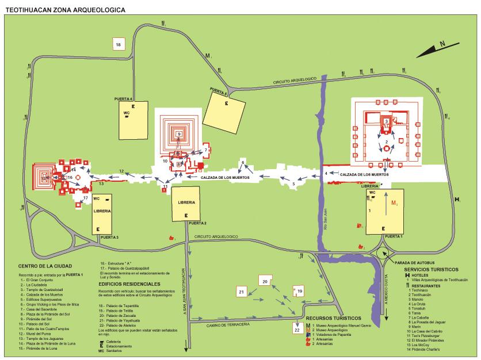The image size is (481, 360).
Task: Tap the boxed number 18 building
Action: coord(119,44)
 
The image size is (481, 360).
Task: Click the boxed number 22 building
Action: coord(296,330)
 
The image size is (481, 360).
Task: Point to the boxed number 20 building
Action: coord(265,281)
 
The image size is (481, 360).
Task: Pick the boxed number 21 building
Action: coord(242,293)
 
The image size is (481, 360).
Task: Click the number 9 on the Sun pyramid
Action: coord(180,134)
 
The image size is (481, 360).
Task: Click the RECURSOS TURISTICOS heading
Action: coord(334,317)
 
